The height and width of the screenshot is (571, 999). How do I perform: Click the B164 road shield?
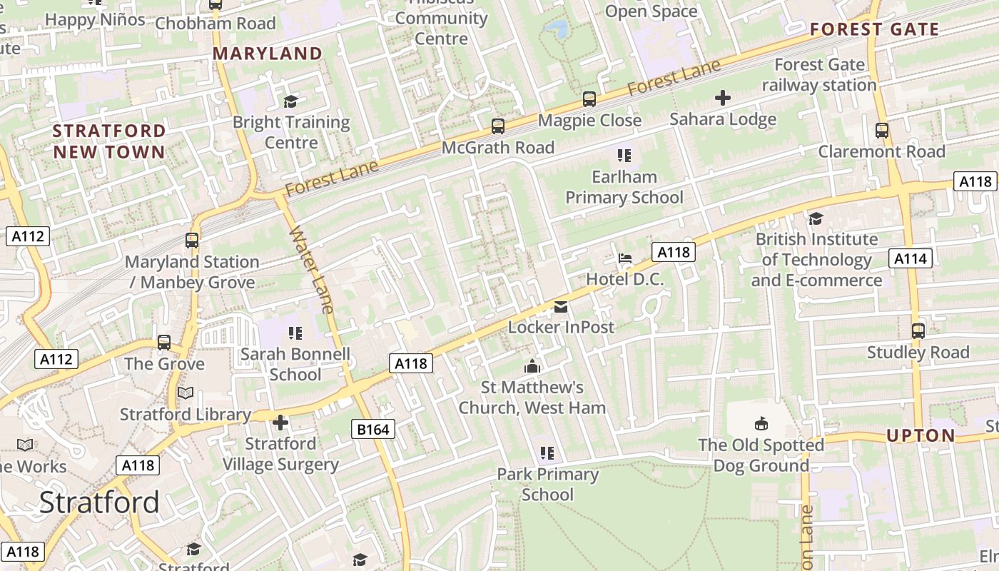[373, 429]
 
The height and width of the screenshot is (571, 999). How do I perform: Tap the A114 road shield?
[911, 258]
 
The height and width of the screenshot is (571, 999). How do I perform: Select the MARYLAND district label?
[268, 54]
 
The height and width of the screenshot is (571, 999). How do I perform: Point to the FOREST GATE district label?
[875, 30]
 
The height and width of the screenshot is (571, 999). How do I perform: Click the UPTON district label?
[921, 435]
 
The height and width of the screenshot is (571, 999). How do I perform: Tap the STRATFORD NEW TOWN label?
[109, 141]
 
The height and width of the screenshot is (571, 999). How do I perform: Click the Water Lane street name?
[312, 270]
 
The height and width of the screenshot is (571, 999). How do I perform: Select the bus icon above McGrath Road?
[498, 126]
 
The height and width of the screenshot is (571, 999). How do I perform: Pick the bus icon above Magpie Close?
[589, 99]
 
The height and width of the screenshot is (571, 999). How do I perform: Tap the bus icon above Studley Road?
[918, 330]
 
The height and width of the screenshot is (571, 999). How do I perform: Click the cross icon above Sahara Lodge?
[723, 98]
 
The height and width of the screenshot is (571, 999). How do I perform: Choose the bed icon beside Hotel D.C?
[625, 258]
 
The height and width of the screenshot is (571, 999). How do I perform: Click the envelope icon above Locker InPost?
[561, 307]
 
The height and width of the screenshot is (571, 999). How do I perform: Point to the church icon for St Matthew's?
[532, 367]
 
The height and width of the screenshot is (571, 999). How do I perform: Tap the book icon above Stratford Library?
[185, 393]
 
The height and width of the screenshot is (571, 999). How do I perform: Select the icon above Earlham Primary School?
[624, 156]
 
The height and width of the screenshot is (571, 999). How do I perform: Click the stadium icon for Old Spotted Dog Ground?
[761, 424]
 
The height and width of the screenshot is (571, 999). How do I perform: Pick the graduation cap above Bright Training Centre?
[290, 101]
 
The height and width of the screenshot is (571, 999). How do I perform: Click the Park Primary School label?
[547, 484]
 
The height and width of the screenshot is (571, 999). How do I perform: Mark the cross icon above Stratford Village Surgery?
[280, 423]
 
